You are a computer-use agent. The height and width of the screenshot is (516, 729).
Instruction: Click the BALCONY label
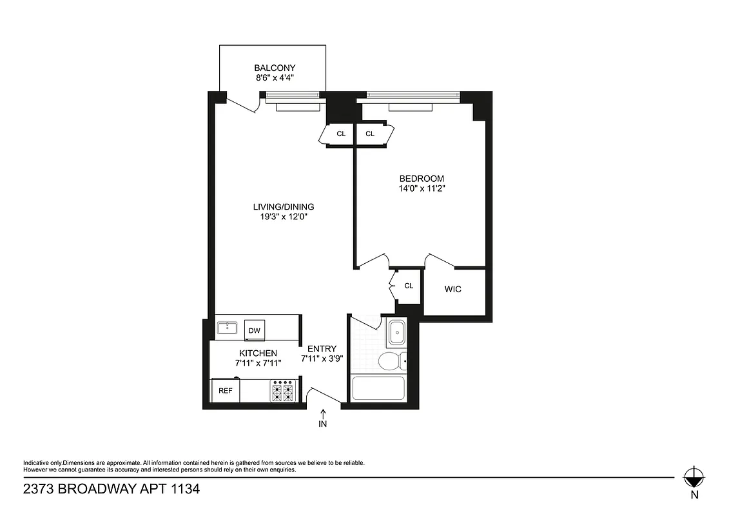coord(275,68)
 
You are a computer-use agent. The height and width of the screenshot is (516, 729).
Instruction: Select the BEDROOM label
coord(422,179)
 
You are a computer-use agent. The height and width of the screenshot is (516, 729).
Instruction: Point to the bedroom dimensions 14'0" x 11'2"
coord(422,189)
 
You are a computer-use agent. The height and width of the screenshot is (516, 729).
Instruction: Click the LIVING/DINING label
coord(283,206)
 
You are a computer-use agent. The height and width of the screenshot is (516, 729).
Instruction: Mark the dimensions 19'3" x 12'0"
coord(283,217)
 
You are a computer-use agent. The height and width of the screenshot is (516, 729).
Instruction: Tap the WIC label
coord(453,289)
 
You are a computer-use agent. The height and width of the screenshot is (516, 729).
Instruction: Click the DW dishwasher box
coord(255,331)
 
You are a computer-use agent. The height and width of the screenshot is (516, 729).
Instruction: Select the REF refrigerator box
coord(226,391)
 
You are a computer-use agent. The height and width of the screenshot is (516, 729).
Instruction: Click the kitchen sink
coord(227,328)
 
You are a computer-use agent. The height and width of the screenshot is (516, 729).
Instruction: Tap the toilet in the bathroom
coord(389,361)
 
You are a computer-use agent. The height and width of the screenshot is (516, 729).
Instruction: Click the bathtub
coord(378,389)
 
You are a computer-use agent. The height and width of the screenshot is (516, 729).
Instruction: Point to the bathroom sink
coord(397,333)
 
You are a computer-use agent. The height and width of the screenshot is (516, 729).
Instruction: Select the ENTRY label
coord(322,348)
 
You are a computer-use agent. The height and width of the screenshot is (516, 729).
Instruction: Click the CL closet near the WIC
coord(409,286)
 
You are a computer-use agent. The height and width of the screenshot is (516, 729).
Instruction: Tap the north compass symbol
coord(694,478)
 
